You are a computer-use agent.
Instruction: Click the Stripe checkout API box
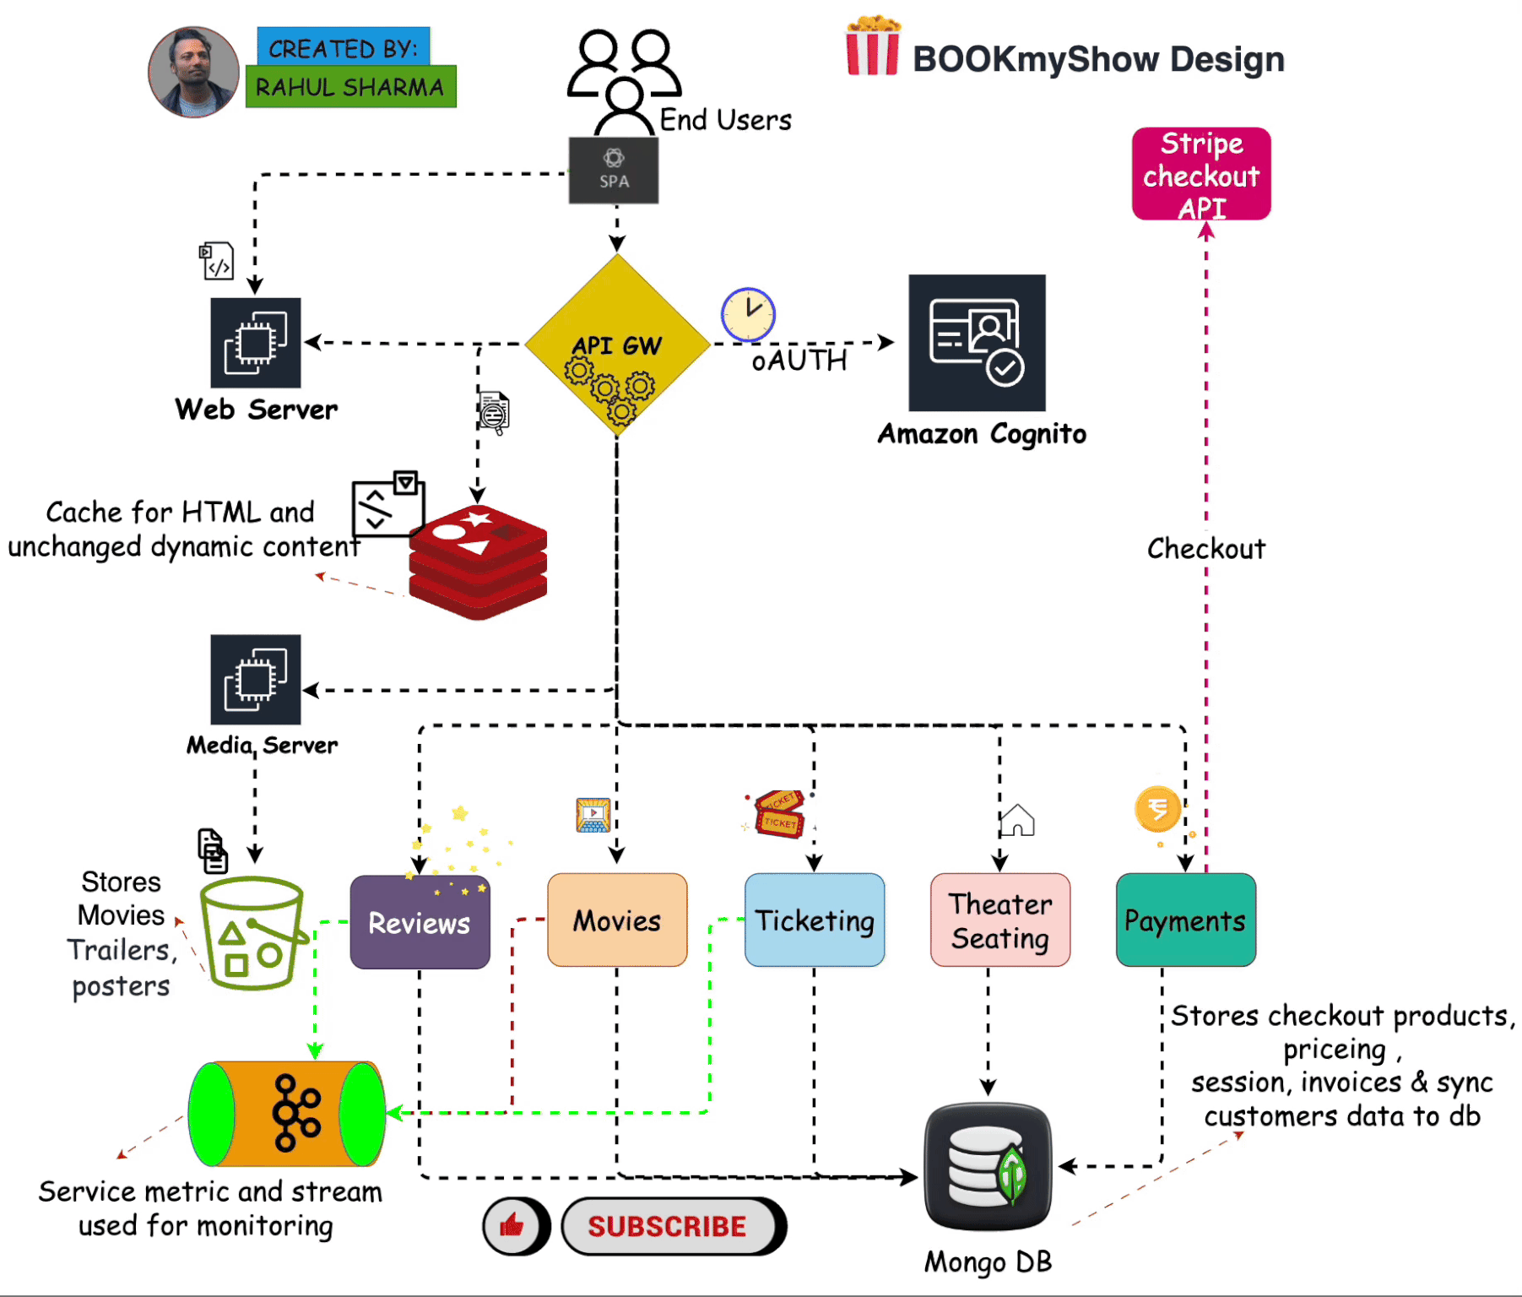coord(1200,174)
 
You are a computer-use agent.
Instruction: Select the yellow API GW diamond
coord(617,345)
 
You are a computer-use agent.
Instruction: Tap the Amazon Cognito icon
coord(977,342)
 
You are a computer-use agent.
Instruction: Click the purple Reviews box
coord(420,921)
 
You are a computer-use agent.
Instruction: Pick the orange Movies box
coord(617,920)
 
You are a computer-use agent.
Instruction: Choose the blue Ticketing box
coord(815,920)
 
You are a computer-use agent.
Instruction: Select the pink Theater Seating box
coord(1000,920)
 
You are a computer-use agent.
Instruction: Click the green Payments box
coord(1185,920)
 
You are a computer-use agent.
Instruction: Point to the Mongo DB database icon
coord(988,1165)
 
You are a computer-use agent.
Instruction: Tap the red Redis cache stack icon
coord(478,562)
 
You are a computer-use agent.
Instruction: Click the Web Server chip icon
coord(255,342)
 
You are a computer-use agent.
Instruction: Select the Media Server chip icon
coord(255,679)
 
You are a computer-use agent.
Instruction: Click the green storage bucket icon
coord(252,932)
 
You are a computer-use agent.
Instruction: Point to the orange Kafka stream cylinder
coord(287,1114)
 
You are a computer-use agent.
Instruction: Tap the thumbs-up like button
coord(514,1225)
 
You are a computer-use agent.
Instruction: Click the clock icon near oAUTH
coord(748,314)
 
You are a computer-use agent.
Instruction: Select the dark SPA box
coord(614,171)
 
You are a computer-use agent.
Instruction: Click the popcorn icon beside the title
coord(873,46)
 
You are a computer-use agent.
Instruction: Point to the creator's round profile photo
coord(193,72)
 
